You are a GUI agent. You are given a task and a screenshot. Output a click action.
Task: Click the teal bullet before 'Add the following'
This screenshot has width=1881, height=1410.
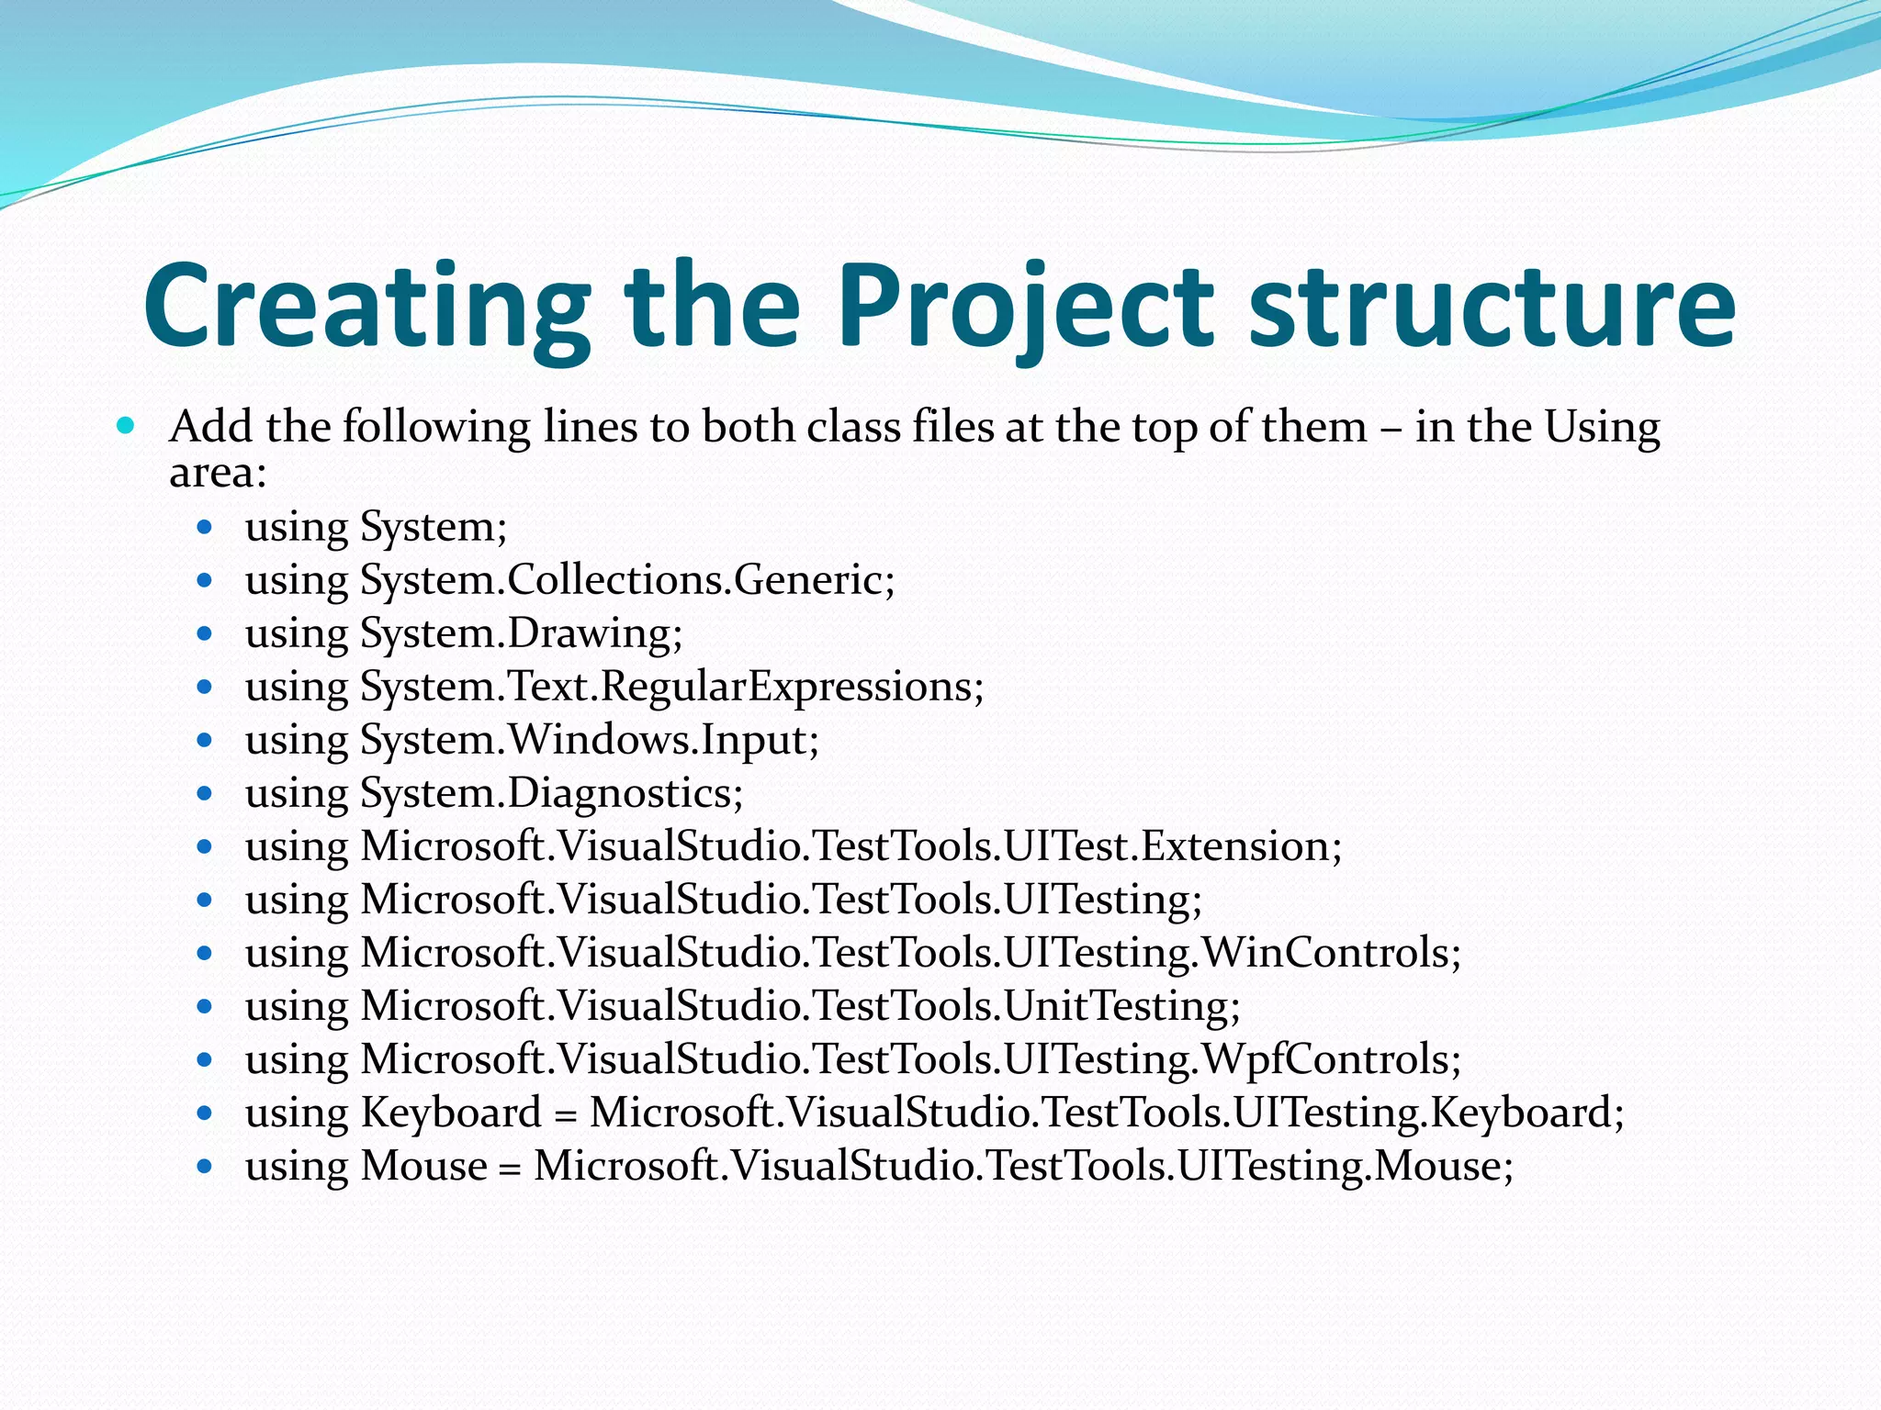pos(127,426)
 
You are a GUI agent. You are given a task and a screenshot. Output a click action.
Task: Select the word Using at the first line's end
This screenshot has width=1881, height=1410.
pos(1602,427)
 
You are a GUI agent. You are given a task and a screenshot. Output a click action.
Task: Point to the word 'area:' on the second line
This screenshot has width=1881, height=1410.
pos(218,473)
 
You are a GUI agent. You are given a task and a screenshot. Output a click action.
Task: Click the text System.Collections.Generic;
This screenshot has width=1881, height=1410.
pos(627,580)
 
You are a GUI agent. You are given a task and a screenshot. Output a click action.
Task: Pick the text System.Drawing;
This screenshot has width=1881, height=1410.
pos(521,633)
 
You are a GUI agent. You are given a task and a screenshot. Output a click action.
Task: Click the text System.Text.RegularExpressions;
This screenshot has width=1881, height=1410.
pos(671,687)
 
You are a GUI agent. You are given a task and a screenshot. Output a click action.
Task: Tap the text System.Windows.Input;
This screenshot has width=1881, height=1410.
pos(589,740)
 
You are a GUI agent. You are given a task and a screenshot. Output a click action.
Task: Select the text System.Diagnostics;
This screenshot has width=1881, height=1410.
pos(551,793)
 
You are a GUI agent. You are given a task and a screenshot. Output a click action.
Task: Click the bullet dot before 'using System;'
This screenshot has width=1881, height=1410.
pos(205,528)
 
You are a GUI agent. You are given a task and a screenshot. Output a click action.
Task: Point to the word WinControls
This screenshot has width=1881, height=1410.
pos(1331,953)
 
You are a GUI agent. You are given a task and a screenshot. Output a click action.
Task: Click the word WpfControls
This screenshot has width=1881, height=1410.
pos(1331,1059)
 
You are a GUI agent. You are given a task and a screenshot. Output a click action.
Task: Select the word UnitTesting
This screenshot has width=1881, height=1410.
pos(1121,1006)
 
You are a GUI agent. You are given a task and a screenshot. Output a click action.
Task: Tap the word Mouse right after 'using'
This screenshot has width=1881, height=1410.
pos(423,1166)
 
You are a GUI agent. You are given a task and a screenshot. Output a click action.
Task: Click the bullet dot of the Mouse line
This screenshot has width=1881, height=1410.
pos(205,1167)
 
